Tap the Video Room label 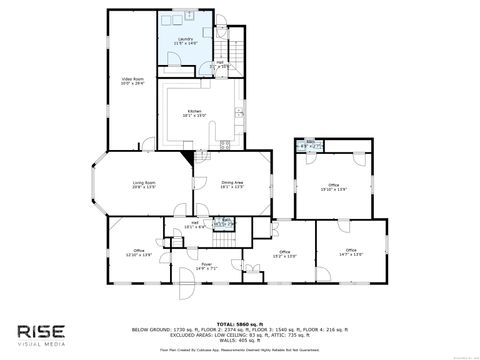tap(133, 81)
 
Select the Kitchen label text tap(193, 113)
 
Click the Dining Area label tap(233, 184)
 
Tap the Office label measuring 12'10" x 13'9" tap(138, 254)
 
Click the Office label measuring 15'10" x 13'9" tap(333, 187)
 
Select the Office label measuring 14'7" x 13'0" tap(350, 252)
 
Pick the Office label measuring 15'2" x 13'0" tap(284, 254)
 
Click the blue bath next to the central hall tap(227, 223)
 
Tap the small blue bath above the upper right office tap(309, 146)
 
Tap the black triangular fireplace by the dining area tap(190, 155)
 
